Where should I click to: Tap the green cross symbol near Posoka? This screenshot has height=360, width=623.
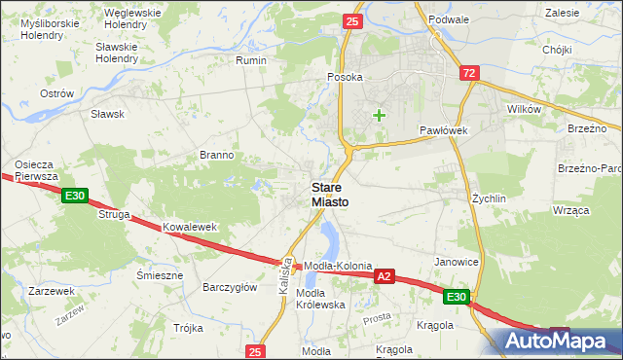point(379,116)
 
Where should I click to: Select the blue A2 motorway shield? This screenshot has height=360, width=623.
point(385,276)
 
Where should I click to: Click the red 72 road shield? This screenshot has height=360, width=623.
point(470,73)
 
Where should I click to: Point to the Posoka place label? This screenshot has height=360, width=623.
point(346,77)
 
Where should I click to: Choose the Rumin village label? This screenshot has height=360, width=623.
point(251,59)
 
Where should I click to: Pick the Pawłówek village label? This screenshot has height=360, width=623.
point(444,129)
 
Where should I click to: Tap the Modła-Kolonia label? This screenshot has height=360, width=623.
point(339,266)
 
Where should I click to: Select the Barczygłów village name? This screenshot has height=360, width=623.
point(229,287)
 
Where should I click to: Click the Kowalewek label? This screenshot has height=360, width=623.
point(189,227)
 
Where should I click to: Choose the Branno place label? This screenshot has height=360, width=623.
point(216,155)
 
